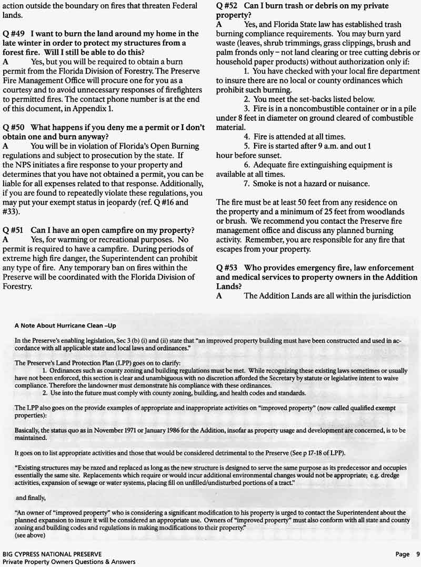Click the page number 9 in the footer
417,554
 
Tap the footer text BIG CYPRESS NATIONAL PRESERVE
52,554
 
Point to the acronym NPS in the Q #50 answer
25,165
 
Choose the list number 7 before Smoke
246,184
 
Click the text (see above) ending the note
31,535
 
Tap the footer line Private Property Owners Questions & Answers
68,562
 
